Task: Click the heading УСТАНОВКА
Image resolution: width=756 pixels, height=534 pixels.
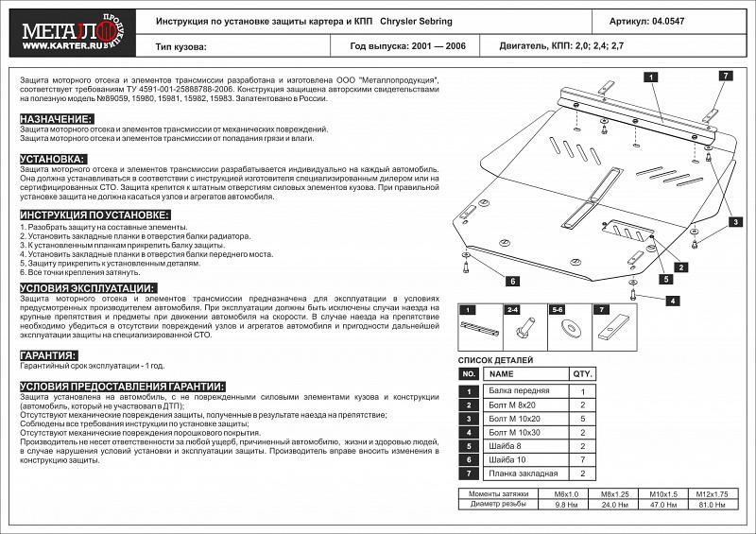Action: (53, 159)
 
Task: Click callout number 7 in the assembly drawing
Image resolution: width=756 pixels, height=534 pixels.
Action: (725, 76)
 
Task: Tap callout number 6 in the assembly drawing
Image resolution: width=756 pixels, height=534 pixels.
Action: (511, 281)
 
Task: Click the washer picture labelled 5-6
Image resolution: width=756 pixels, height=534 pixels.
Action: (572, 329)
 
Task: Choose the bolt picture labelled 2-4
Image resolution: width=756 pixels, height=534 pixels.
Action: (524, 329)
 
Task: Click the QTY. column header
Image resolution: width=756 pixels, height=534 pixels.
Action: (583, 374)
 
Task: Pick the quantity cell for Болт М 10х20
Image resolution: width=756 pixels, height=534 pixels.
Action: (583, 418)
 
